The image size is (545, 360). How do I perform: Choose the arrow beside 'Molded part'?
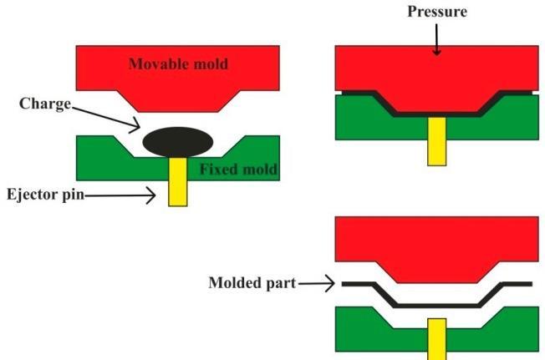click(x=318, y=284)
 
